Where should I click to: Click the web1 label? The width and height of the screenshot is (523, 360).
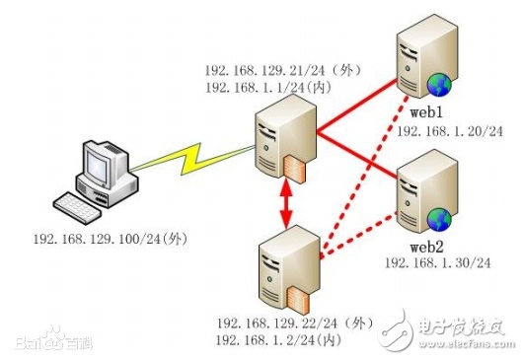point(426,112)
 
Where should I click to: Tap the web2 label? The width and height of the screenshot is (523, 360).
point(426,247)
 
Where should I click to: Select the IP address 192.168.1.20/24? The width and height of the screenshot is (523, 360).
point(450,131)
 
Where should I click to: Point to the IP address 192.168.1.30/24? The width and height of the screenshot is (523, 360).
point(438,263)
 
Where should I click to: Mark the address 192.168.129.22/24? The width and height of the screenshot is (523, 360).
point(277,323)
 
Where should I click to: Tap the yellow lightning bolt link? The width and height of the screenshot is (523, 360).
point(192,158)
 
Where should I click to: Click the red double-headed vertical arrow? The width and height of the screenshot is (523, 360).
point(286,203)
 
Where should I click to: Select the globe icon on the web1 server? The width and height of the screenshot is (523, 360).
point(439,85)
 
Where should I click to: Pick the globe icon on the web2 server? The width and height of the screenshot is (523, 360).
point(439,219)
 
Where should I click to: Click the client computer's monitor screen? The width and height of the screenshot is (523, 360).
point(97,167)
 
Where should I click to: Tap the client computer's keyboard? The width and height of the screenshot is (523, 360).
point(77,207)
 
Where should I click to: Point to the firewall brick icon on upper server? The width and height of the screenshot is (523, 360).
point(294,169)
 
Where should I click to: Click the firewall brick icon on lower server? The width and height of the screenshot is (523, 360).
point(298,300)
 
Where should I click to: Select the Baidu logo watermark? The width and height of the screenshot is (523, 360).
point(53,339)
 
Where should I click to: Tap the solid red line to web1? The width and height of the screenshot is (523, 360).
point(357,106)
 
